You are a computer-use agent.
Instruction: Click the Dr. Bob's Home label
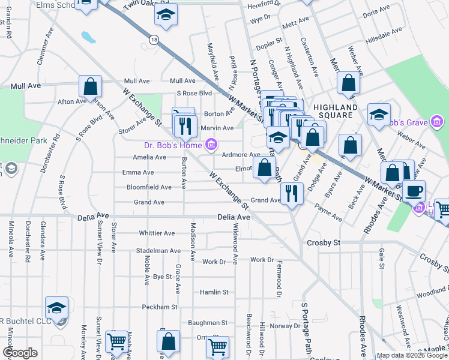tap(173, 145)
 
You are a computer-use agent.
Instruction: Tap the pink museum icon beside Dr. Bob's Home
tap(211, 144)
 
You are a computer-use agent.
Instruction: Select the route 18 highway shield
tap(155, 40)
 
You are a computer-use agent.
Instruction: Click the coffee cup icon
tap(413, 191)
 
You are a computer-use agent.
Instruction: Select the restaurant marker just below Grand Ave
tap(292, 193)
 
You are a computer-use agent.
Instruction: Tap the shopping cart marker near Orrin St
tap(217, 346)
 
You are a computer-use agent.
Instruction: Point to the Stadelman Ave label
tap(158, 251)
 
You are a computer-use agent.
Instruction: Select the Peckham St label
tap(160, 307)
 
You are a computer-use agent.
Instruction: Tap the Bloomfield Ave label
tap(149, 187)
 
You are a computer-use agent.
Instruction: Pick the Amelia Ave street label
tap(149, 157)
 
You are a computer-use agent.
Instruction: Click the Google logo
tap(20, 353)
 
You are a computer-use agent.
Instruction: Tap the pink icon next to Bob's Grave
tap(439, 123)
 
